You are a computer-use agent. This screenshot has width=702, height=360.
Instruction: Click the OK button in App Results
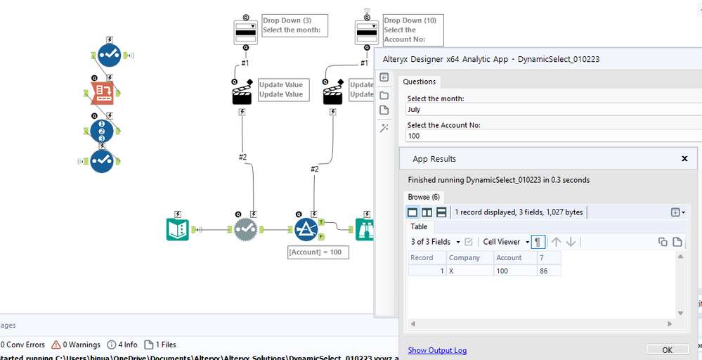[667, 349]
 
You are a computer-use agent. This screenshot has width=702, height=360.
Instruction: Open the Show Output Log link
[437, 350]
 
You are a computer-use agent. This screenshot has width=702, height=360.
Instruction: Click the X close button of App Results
[684, 159]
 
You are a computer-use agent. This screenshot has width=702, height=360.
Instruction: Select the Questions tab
[419, 82]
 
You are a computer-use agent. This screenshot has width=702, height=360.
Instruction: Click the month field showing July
[548, 110]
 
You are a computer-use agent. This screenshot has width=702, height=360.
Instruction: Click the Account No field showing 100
[548, 136]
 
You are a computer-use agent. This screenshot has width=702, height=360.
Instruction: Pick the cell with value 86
[547, 271]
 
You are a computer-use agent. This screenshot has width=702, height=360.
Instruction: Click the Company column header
[469, 258]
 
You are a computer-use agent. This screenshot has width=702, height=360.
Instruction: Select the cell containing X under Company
[469, 271]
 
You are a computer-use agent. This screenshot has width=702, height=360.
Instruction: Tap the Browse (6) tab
[424, 197]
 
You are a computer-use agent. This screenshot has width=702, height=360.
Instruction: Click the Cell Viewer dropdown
[505, 242]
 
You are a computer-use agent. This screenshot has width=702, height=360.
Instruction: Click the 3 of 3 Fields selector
[435, 242]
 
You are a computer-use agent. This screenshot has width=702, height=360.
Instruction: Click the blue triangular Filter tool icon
[306, 229]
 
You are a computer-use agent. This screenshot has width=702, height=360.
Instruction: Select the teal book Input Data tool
[177, 229]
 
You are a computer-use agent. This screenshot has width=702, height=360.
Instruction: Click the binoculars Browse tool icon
[365, 229]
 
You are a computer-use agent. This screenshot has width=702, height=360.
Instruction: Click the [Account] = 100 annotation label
[318, 252]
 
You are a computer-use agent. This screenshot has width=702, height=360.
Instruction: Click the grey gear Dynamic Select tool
[245, 229]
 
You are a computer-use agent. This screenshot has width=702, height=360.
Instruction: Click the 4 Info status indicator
[122, 345]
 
